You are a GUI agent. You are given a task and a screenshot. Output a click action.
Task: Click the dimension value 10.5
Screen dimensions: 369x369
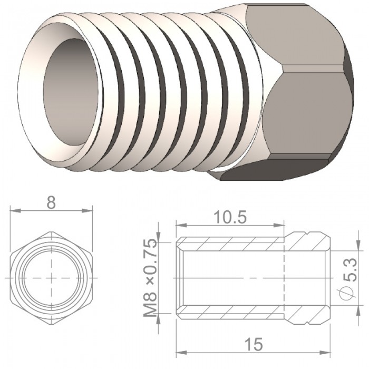(230, 217)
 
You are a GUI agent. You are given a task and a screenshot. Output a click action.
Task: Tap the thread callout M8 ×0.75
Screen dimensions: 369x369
(150, 278)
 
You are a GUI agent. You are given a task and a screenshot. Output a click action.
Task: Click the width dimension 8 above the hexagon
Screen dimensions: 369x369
(51, 202)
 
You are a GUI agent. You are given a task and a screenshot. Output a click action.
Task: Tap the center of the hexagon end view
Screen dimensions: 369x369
(51, 278)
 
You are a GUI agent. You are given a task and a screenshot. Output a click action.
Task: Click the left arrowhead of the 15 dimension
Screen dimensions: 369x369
(181, 353)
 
